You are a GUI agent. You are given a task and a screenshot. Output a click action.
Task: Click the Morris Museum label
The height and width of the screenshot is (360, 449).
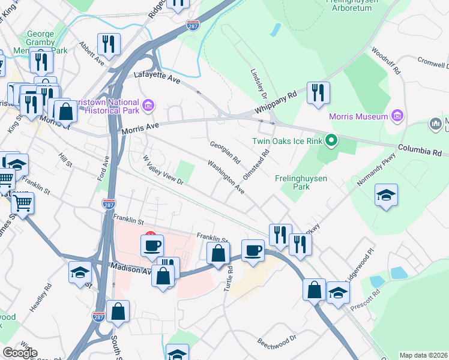[358, 116]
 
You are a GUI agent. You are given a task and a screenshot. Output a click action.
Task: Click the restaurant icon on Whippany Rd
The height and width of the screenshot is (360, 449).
[318, 93]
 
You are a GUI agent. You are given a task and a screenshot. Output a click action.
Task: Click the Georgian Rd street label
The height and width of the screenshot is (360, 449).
[225, 153]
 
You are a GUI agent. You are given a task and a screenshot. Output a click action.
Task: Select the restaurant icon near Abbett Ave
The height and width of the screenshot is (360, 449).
[109, 43]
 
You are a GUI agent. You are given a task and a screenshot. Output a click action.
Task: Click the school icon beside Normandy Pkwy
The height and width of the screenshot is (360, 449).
[386, 195]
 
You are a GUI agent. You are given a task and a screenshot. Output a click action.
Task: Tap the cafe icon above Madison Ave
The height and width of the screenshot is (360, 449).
[152, 245]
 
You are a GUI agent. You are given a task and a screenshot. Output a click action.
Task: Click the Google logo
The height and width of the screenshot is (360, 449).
[20, 353]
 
